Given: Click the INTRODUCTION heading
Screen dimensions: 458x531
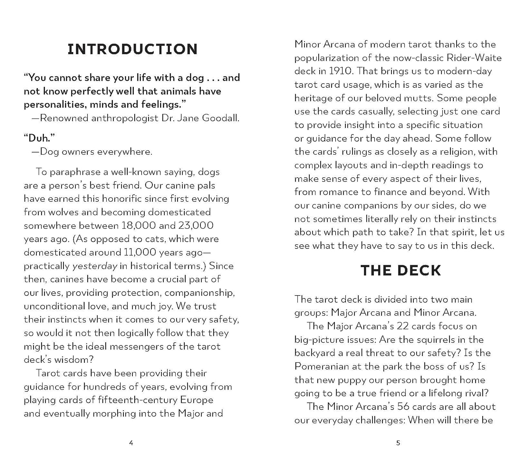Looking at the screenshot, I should pos(132,49).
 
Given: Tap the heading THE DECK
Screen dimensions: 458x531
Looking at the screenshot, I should pos(401,270).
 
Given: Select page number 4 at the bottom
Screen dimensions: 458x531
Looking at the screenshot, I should pos(131,443).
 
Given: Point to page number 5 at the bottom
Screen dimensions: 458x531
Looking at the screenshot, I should pos(398,443).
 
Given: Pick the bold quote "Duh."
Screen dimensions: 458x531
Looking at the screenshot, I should pos(39,138).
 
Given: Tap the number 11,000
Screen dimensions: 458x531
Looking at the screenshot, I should pos(140,252).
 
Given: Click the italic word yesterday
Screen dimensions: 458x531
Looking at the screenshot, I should pos(95,266).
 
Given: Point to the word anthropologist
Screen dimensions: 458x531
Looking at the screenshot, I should pos(125,118).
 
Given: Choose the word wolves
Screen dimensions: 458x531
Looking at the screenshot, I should pos(58,212).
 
